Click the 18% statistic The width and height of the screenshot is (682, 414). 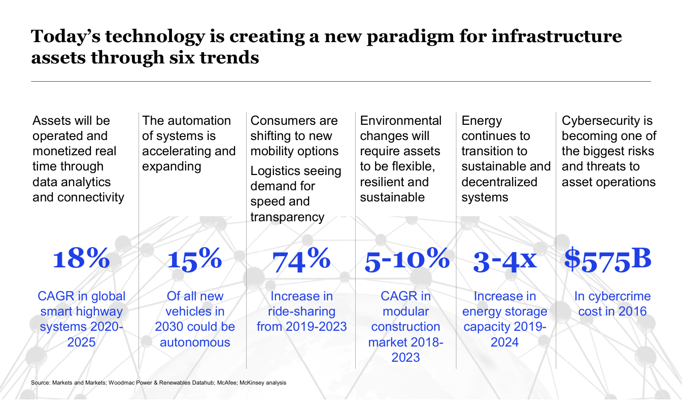tap(81, 259)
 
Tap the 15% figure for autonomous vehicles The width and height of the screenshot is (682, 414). tap(195, 259)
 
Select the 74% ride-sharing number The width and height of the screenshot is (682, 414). tap(301, 259)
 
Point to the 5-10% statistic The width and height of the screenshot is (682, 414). tap(407, 259)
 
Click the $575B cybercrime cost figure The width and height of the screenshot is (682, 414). tap(607, 259)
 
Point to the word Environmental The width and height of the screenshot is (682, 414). tap(401, 121)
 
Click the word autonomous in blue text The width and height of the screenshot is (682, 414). tap(195, 342)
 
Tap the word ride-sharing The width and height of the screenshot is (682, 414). tap(301, 311)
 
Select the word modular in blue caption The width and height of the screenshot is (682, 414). tap(405, 311)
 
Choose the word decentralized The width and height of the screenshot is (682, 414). tap(499, 182)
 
